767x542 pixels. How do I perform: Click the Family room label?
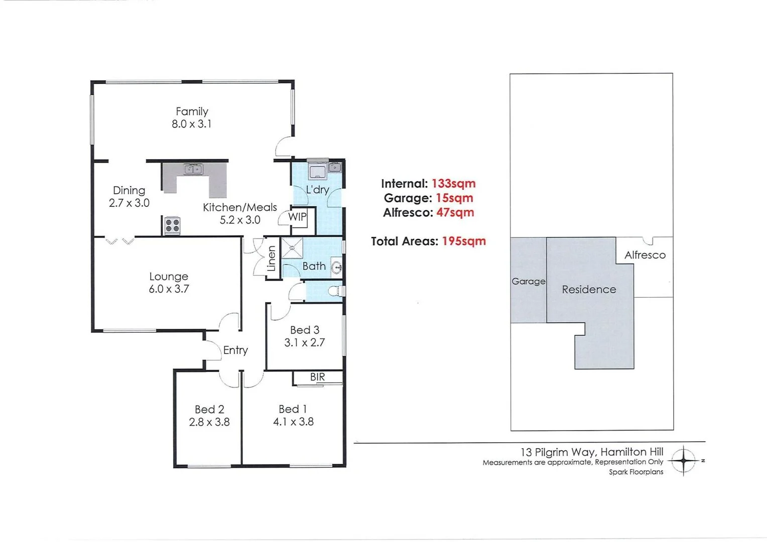pos(192,111)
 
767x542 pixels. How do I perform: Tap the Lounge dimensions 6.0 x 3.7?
pos(169,289)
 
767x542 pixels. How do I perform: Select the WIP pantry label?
pos(297,217)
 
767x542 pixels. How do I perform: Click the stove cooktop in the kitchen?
pos(172,225)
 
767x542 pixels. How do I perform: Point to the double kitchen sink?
pos(193,169)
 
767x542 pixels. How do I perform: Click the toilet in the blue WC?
pos(338,291)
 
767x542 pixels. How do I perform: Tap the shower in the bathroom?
pos(292,248)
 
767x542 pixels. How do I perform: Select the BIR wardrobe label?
pos(317,377)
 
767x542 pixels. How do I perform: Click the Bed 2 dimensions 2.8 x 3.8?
pos(209,422)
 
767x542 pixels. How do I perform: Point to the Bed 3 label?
pos(304,330)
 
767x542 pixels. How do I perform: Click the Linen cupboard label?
pos(272,258)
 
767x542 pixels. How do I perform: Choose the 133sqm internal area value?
pos(453,184)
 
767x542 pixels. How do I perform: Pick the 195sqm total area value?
pos(463,241)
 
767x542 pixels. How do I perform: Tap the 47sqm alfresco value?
pos(455,212)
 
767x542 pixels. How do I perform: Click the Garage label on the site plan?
pos(528,282)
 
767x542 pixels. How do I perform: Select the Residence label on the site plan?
pos(589,290)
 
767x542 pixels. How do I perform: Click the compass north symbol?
pos(684,460)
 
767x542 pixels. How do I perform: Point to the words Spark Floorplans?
pos(636,472)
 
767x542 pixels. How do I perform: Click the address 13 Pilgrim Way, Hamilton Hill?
pos(592,452)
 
